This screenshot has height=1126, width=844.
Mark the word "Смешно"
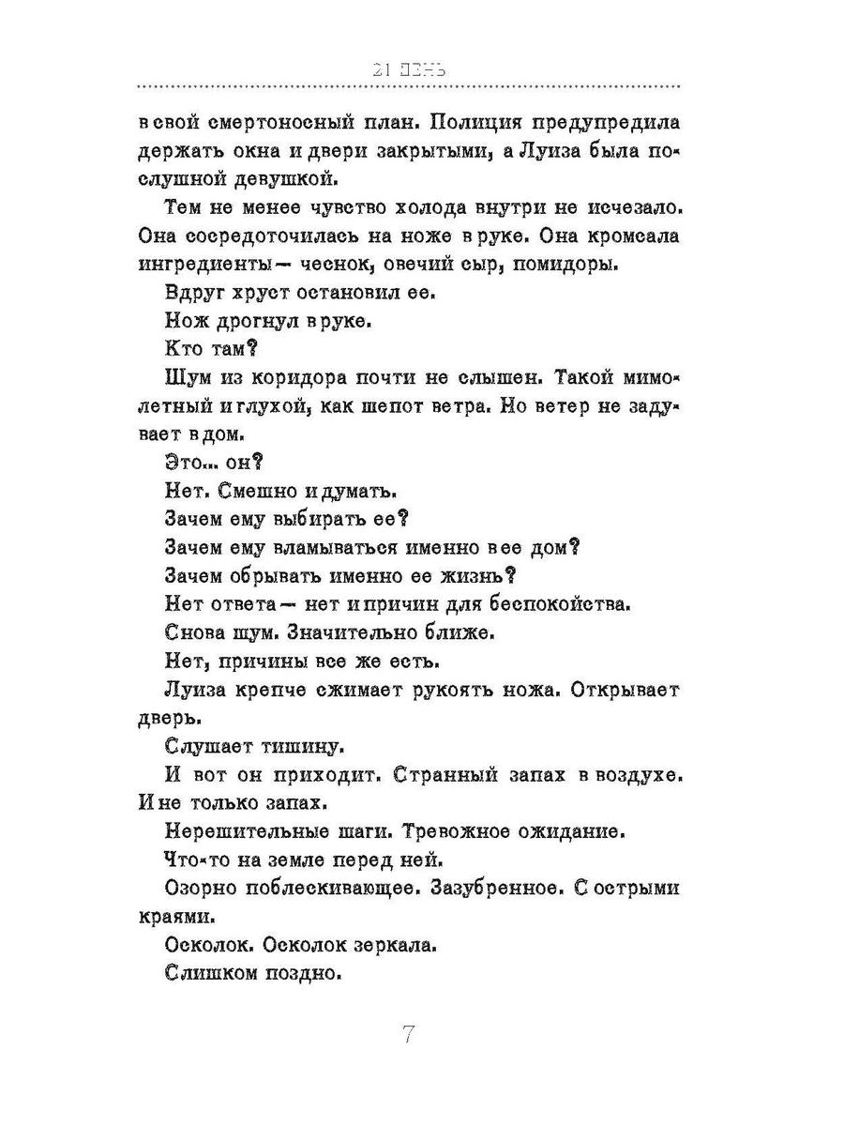click(x=267, y=490)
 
